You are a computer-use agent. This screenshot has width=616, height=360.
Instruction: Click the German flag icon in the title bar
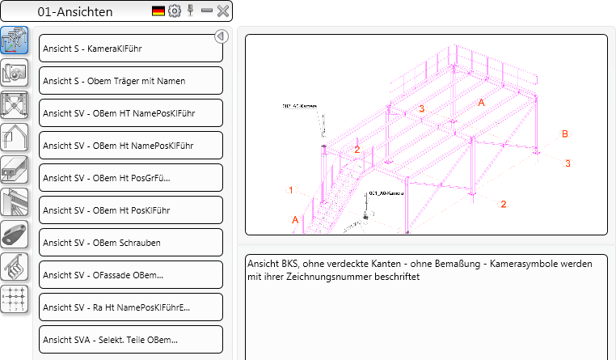[x=158, y=11]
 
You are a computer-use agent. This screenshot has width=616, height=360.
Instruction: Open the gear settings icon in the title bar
[x=175, y=11]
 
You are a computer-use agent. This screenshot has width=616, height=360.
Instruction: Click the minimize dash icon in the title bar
[x=207, y=11]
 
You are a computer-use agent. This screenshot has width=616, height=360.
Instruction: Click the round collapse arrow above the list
[x=222, y=36]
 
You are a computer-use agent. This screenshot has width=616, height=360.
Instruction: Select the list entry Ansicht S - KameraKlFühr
[x=130, y=49]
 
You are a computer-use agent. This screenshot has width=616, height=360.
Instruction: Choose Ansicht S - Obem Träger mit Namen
[x=130, y=81]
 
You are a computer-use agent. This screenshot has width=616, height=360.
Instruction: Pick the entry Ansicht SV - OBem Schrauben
[x=130, y=243]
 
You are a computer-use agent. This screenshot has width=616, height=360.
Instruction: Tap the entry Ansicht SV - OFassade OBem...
[x=130, y=275]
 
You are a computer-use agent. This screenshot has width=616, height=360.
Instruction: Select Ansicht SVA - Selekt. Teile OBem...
[x=130, y=340]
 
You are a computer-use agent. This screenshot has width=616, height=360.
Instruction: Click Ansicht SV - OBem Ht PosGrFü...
[x=130, y=178]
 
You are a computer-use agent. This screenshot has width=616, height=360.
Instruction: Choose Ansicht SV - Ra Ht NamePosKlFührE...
[x=130, y=307]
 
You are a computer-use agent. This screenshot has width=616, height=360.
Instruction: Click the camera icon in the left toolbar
[x=15, y=72]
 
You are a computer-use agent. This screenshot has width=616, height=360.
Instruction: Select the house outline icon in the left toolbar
[x=15, y=137]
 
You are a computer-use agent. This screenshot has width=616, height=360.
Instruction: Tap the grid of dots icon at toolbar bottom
[x=15, y=299]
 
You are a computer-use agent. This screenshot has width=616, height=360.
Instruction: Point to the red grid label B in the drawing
[x=565, y=133]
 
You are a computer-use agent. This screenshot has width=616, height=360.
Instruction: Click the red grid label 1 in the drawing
[x=290, y=190]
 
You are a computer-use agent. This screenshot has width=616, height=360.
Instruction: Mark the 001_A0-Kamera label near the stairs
[x=385, y=194]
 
